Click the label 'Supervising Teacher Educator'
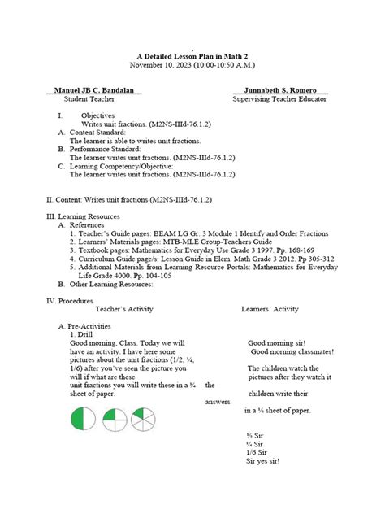279,98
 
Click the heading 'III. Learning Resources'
83,216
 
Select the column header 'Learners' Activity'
270,309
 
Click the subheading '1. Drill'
84,333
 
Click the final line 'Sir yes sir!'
262,461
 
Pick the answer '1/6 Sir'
257,452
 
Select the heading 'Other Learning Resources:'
111,284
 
